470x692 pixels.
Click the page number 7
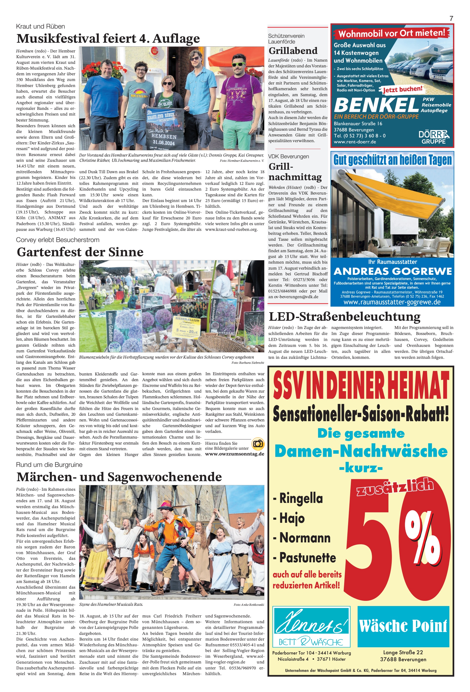pos(451,18)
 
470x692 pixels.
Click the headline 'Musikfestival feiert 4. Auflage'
pos(108,39)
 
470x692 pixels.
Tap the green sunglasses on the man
pos(238,64)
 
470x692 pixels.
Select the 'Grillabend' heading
pos(293,51)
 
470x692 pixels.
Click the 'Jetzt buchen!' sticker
pos(402,89)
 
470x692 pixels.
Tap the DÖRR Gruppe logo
pos(434,137)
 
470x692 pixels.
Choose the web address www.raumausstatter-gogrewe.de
pos(392,302)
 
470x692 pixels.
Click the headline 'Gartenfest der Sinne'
pos(80,252)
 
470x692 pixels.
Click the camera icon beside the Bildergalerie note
pos(258,444)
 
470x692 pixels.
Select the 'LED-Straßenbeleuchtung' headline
pos(344,317)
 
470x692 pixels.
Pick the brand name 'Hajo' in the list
pos(292,518)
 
